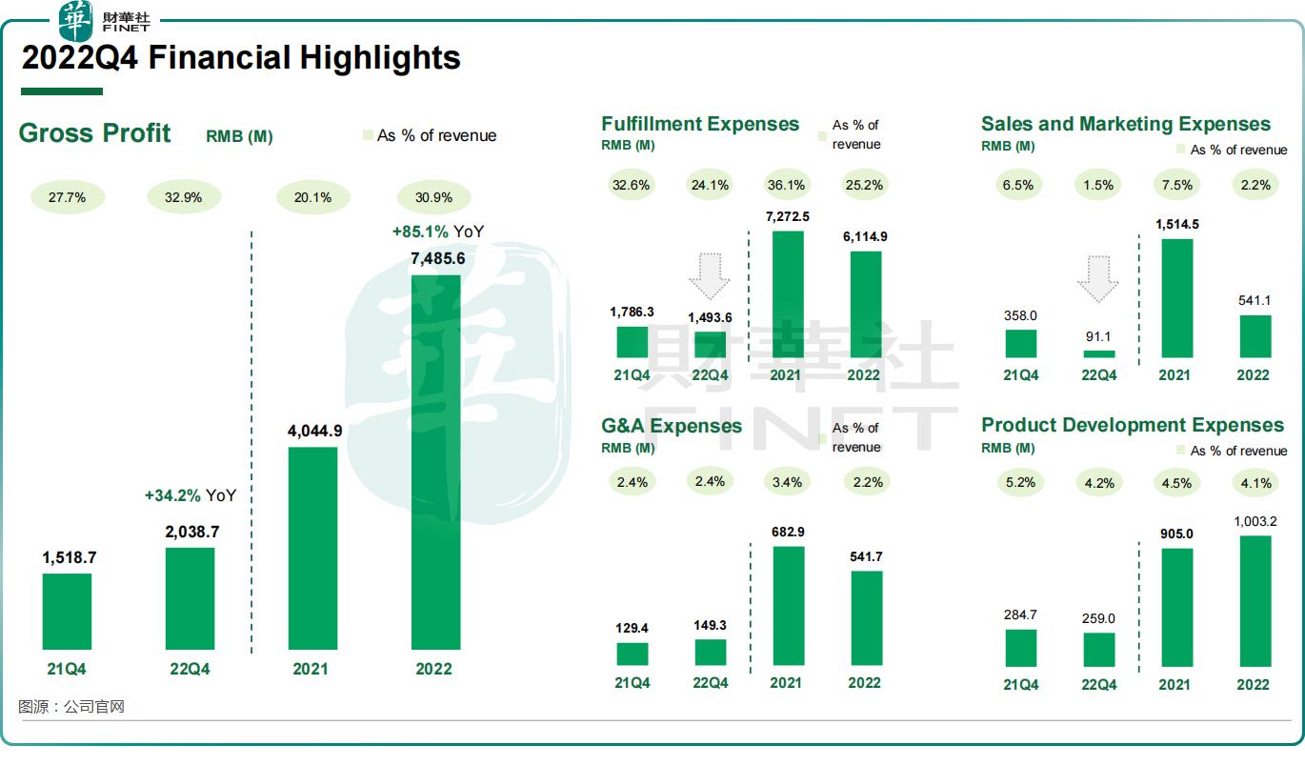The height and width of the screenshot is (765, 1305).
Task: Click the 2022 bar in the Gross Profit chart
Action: (x=435, y=462)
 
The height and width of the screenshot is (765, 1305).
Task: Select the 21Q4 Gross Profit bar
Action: (x=67, y=611)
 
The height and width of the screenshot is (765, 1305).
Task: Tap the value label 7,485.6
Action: (x=434, y=258)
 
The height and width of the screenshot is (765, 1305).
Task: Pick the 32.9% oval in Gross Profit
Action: (x=184, y=197)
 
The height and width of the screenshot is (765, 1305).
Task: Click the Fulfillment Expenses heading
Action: (x=700, y=124)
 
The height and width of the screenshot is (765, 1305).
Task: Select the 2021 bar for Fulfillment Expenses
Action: (x=787, y=294)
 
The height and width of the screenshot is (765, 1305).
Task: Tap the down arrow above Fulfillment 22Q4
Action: (x=709, y=277)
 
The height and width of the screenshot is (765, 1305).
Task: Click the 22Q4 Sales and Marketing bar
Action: (x=1098, y=353)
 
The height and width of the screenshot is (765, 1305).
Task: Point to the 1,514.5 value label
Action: (x=1175, y=224)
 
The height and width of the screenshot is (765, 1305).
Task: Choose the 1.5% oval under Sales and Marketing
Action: (x=1097, y=185)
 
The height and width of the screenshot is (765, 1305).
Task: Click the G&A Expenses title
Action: (x=672, y=425)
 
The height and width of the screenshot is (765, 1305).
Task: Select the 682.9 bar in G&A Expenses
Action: (x=788, y=605)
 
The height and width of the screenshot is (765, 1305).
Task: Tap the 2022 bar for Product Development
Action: (x=1255, y=600)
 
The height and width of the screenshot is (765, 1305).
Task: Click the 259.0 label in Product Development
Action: (x=1098, y=618)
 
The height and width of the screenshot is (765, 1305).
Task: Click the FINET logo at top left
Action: (x=105, y=19)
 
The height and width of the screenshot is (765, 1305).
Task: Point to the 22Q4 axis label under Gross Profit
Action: (x=190, y=669)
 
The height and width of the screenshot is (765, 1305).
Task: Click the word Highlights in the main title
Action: (x=380, y=58)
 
